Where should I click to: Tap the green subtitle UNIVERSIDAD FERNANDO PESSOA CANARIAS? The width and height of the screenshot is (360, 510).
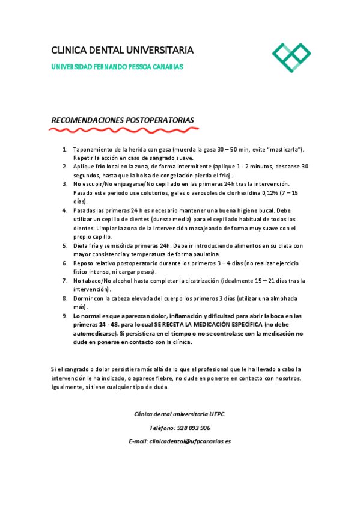tap(117, 67)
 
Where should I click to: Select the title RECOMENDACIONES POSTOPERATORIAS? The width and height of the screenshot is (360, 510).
tap(123, 120)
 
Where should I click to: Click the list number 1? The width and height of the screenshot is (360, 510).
tap(65, 149)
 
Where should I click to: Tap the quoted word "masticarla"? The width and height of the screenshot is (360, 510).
tap(284, 149)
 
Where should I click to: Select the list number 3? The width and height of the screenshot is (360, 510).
tap(65, 183)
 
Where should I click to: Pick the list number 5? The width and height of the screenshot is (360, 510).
tap(65, 245)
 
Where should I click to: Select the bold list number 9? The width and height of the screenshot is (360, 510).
tap(65, 316)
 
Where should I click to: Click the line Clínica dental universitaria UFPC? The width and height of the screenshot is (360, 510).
tap(180, 414)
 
